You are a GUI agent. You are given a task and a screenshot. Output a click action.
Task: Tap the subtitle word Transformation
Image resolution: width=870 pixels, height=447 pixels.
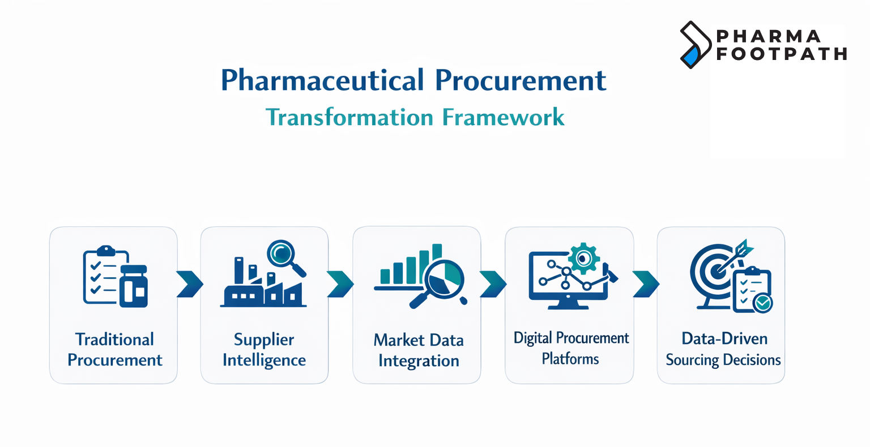pos(349,118)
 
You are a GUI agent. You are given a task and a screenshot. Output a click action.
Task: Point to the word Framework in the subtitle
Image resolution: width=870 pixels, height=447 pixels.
pos(503,118)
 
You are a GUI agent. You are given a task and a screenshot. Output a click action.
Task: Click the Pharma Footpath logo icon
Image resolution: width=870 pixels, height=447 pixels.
pos(695,45)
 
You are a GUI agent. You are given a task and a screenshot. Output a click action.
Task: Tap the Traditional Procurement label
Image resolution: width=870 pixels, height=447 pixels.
pos(114,350)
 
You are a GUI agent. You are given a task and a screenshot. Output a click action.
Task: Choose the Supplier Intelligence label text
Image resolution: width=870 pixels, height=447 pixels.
pos(264,350)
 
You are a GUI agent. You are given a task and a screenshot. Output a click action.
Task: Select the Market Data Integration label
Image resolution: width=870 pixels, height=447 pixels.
pos(418,350)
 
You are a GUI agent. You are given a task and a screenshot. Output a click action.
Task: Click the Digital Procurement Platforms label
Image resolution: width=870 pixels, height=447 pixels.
pos(570,349)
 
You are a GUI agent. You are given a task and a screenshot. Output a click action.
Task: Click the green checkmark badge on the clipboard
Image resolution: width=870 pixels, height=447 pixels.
pos(762,303)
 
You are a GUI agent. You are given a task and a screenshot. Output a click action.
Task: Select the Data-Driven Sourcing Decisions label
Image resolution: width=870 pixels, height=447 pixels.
pos(723,349)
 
